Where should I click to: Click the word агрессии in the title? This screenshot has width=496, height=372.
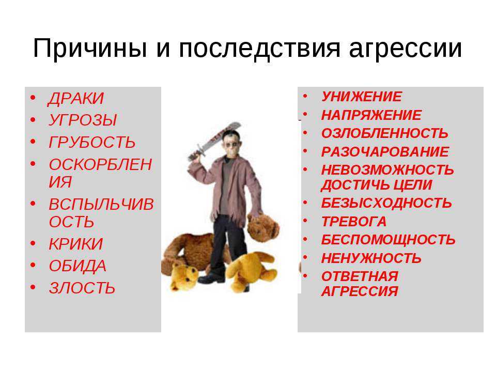[406, 49]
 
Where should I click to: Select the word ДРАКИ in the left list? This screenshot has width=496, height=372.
[76, 99]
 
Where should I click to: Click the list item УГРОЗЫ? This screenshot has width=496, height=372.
[83, 120]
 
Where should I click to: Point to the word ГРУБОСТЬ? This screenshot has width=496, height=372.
[92, 142]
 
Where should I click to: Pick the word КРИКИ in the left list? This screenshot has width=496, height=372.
[76, 244]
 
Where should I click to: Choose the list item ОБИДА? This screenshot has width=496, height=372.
[78, 266]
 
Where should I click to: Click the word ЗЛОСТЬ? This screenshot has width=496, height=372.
[82, 288]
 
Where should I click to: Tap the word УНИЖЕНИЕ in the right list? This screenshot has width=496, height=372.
[362, 97]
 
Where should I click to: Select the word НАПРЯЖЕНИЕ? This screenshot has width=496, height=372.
[371, 115]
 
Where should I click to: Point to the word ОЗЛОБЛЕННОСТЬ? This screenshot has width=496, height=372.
[384, 133]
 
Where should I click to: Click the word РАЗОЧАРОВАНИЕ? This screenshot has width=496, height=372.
[385, 152]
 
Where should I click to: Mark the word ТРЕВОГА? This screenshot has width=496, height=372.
[353, 222]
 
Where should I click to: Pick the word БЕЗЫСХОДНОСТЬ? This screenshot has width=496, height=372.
[386, 203]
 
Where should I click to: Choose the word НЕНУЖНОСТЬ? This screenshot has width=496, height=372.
[371, 258]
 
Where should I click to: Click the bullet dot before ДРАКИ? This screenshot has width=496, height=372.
[33, 98]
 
